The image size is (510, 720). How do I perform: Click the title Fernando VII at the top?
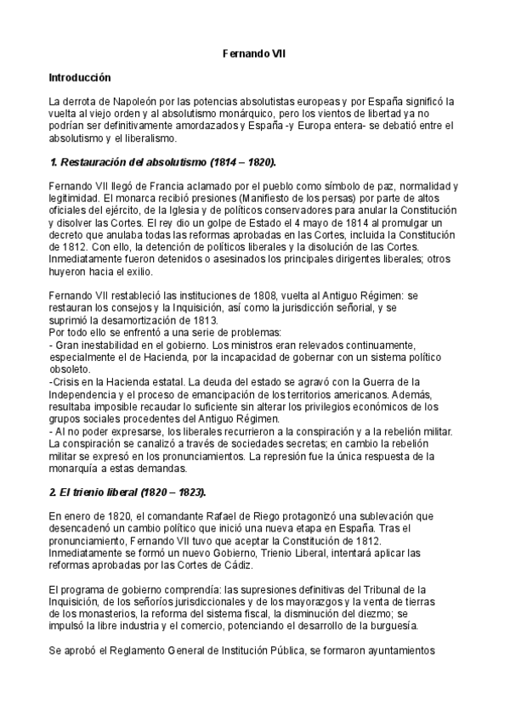click(x=254, y=53)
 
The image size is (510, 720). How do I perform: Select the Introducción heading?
click(x=81, y=76)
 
